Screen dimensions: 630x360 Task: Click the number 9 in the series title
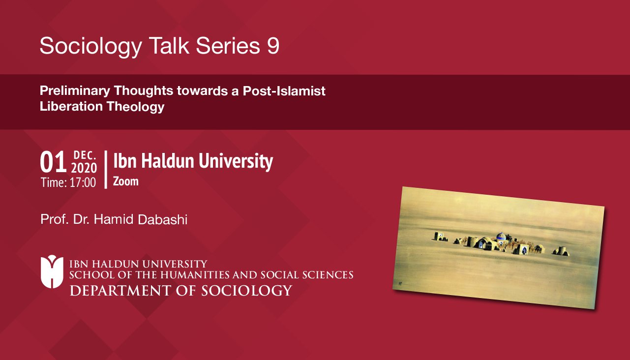[273, 46]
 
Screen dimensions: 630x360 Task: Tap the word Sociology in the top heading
[91, 47]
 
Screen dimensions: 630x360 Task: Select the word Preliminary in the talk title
[75, 91]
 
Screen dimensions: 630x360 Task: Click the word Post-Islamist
[284, 91]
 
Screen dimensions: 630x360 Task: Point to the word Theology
[136, 107]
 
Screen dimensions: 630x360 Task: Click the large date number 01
[53, 162]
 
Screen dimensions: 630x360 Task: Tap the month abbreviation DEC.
[85, 155]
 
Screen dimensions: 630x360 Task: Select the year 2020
[84, 168]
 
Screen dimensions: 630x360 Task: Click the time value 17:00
[83, 182]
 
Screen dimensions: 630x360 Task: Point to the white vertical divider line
[106, 169]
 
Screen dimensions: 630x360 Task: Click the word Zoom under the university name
[126, 181]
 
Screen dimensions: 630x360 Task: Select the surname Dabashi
[162, 219]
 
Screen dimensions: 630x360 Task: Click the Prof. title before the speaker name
[55, 219]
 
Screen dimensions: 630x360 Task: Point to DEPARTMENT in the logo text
[120, 291]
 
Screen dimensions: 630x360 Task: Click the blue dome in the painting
[501, 236]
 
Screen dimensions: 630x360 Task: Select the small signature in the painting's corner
[400, 283]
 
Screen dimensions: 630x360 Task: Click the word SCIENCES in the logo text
[328, 275]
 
